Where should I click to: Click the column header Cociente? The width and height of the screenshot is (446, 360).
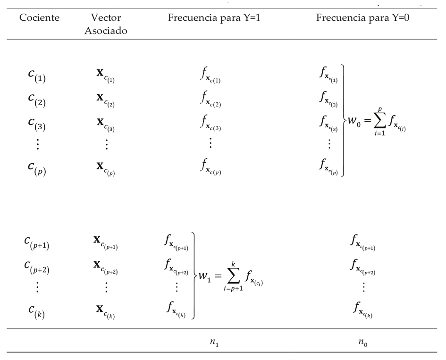coord(39,18)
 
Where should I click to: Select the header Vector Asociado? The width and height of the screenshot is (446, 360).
coord(106,24)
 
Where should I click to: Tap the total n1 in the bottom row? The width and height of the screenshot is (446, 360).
coord(214,343)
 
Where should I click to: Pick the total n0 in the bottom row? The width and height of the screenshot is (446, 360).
coord(362,343)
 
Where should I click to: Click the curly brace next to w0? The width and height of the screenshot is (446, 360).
coord(344,120)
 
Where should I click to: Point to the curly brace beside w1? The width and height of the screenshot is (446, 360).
coord(194,276)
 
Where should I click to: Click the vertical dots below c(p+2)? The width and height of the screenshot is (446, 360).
coord(38,287)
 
